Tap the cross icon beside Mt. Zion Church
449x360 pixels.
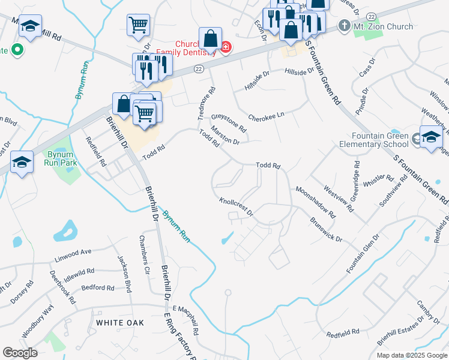point(344,26)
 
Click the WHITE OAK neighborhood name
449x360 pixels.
point(120,323)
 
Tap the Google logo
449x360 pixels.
point(20,353)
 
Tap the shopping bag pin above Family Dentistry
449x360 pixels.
point(211,39)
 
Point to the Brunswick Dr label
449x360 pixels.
point(326,230)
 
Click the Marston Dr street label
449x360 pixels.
point(225,138)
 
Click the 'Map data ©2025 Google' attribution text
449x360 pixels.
point(411,355)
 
